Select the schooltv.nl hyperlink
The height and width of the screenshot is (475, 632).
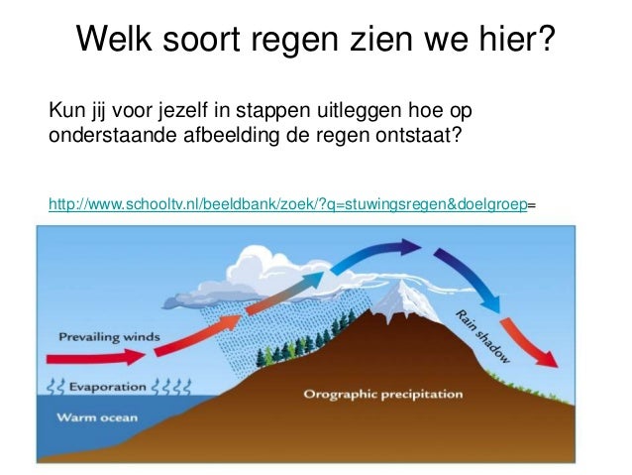287,204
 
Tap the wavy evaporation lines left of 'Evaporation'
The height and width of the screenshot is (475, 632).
55,385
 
